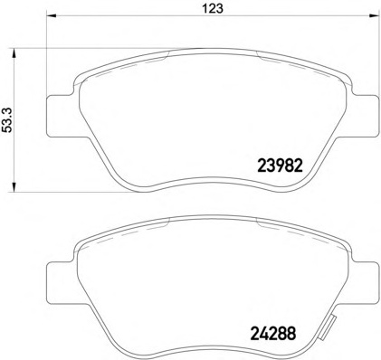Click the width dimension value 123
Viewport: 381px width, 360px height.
click(x=213, y=8)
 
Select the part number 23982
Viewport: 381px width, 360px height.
click(x=280, y=166)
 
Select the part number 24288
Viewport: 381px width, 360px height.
click(x=273, y=333)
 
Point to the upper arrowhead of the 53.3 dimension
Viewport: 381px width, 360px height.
click(x=13, y=55)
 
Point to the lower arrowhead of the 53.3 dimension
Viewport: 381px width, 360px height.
click(x=13, y=185)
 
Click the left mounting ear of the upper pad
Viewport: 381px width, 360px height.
click(x=62, y=116)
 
